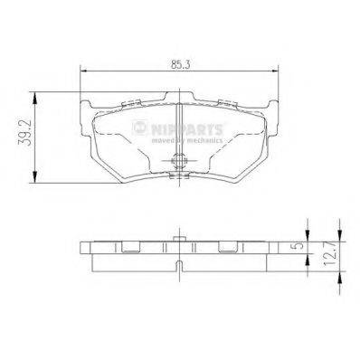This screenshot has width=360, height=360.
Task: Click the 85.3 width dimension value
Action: point(180,64)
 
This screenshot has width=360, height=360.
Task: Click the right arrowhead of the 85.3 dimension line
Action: point(277,73)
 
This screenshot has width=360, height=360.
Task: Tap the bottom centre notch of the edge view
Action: point(180,266)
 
